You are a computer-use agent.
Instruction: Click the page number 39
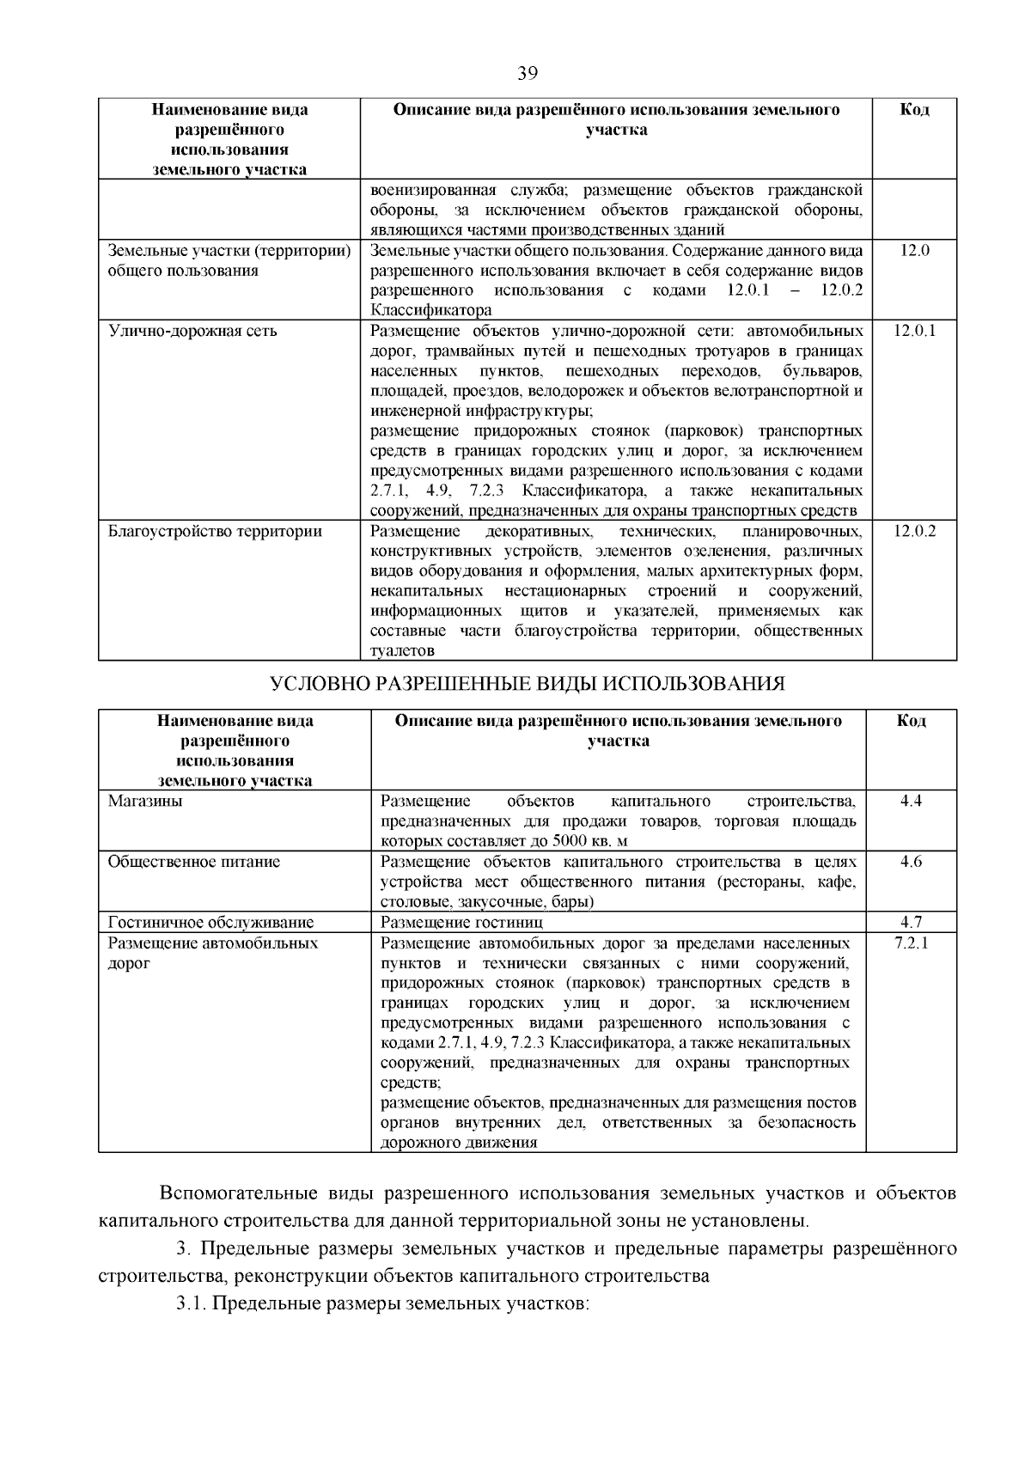coord(528,74)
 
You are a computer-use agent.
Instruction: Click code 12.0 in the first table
coord(914,251)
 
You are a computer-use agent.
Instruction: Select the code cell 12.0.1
coord(914,331)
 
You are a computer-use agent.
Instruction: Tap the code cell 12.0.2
coord(914,531)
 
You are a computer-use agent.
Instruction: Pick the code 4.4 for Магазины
coord(911,802)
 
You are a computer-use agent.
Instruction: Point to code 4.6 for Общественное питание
coord(911,862)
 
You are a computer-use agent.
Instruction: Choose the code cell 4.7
coord(911,923)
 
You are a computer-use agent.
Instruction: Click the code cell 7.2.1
coord(911,943)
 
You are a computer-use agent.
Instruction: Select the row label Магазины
coord(145,802)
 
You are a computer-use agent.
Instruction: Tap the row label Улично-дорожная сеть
coord(192,331)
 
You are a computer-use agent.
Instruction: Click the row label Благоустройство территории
coord(215,531)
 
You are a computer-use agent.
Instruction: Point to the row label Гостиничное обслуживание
coord(210,923)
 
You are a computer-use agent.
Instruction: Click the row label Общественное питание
coord(194,862)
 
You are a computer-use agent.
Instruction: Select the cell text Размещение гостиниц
coord(461,923)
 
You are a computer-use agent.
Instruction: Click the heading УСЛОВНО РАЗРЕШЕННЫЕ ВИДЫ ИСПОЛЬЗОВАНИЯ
coord(528,684)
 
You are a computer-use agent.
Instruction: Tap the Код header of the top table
coord(914,110)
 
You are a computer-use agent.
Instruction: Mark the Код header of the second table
coord(911,721)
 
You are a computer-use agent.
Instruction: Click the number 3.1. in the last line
coord(191,1303)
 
